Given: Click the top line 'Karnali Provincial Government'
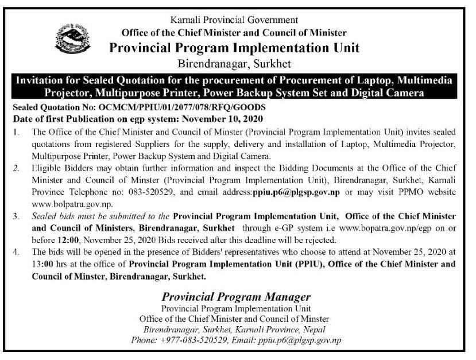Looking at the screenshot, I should [x=239, y=22].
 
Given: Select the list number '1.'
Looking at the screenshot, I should [x=18, y=131].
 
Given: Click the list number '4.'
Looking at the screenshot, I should [x=18, y=251].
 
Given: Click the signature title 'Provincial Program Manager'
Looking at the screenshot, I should [x=236, y=297].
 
